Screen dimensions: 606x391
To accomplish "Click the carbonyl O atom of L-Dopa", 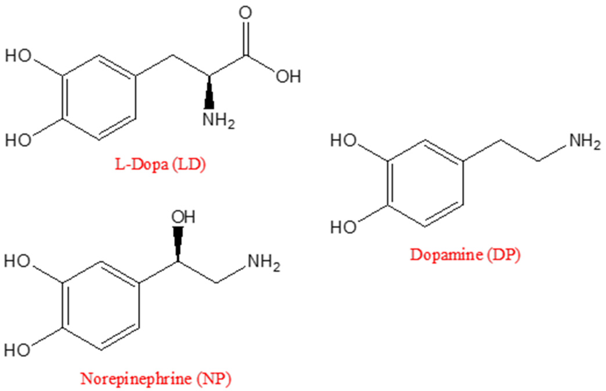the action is pyautogui.click(x=246, y=13).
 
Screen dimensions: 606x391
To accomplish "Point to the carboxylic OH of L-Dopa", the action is pyautogui.click(x=288, y=77).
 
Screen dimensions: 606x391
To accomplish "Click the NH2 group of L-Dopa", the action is pyautogui.click(x=218, y=120).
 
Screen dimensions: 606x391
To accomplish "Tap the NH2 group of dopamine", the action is pyautogui.click(x=585, y=142).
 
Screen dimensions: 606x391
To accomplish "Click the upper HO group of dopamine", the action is pyautogui.click(x=344, y=141).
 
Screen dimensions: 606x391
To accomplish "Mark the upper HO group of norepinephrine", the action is pyautogui.click(x=17, y=261).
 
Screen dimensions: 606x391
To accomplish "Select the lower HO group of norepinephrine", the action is pyautogui.click(x=17, y=350).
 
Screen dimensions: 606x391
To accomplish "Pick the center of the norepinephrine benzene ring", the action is pyautogui.click(x=101, y=305).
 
